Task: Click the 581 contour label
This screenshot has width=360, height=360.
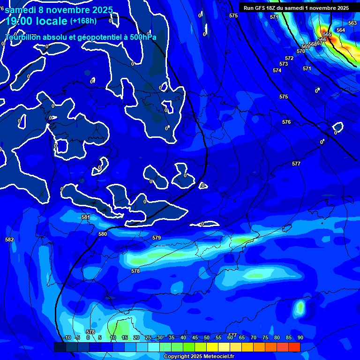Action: pos(86,217)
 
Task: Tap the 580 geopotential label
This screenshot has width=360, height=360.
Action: pos(103,234)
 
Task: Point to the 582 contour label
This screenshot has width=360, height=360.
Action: pos(9,240)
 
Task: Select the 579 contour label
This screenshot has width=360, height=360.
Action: pos(157,238)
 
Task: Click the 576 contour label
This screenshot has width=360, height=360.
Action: pos(286,122)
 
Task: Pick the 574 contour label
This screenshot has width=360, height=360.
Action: pos(277,70)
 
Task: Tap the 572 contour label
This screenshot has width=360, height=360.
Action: pos(289,58)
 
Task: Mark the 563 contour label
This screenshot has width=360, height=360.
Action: pos(352,23)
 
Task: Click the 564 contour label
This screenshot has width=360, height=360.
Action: pos(341,30)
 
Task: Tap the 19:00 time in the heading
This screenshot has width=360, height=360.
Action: pos(21,21)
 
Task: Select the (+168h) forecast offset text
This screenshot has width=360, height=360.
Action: pos(83,21)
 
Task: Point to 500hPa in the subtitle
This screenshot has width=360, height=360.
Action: pos(142,37)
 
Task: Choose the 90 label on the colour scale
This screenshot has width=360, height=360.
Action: pos(300,337)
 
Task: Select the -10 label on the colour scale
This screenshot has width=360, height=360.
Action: pos(67,337)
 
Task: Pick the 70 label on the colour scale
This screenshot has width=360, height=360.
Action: pos(253,337)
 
